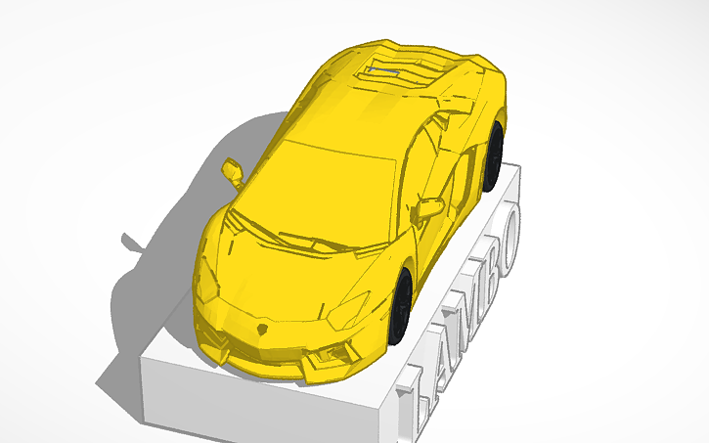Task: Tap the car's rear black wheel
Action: pyautogui.click(x=495, y=156)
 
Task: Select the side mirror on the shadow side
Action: pyautogui.click(x=233, y=171)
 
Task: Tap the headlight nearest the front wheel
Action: pyautogui.click(x=347, y=311)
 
